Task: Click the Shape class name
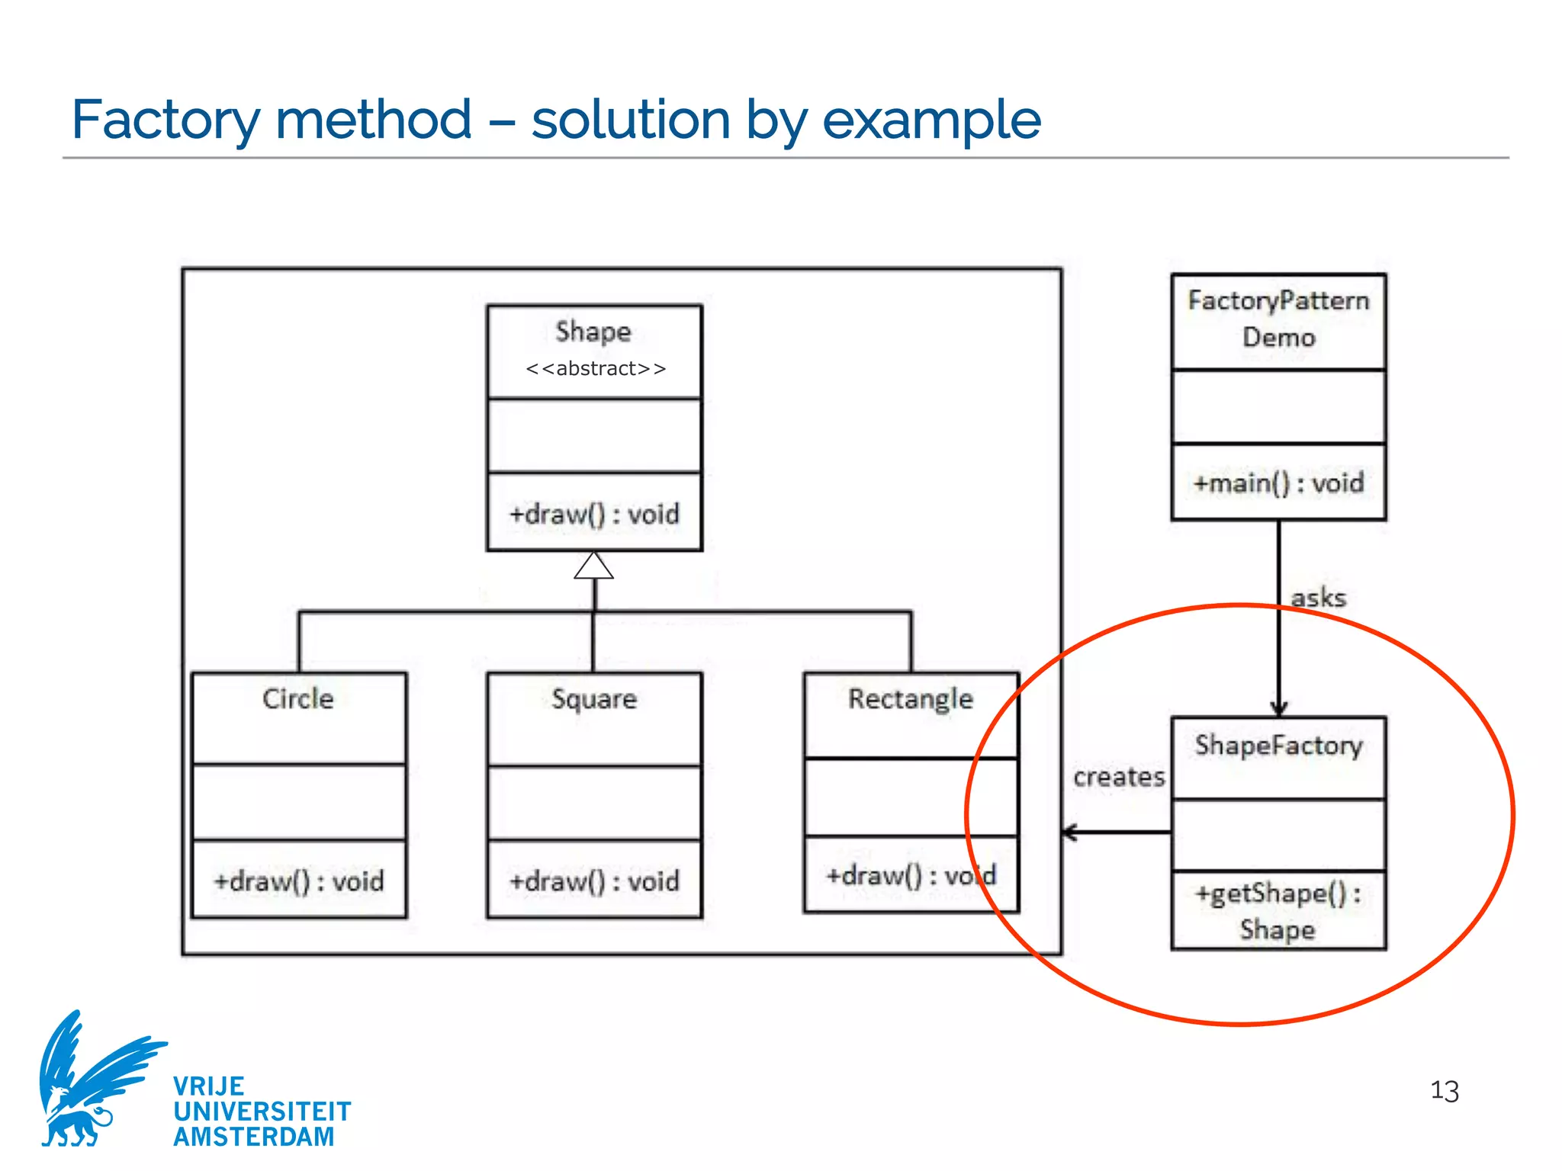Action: click(x=593, y=332)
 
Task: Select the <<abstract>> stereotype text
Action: click(x=596, y=369)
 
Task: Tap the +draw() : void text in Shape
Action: click(x=594, y=515)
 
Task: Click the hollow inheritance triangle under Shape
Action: click(x=593, y=566)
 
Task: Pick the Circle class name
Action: click(x=298, y=699)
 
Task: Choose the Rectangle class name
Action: click(x=911, y=699)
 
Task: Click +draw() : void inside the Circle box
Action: click(x=299, y=882)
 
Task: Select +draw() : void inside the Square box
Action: click(x=594, y=882)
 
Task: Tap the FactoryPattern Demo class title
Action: click(x=1279, y=319)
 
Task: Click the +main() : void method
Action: click(x=1279, y=483)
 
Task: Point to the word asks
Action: click(x=1318, y=598)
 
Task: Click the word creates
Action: click(x=1119, y=778)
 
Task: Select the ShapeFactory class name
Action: click(x=1279, y=746)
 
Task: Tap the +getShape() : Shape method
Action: click(x=1278, y=911)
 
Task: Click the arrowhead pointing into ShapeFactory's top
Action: click(x=1279, y=708)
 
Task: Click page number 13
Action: click(x=1444, y=1091)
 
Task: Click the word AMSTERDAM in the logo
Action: click(x=254, y=1137)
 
